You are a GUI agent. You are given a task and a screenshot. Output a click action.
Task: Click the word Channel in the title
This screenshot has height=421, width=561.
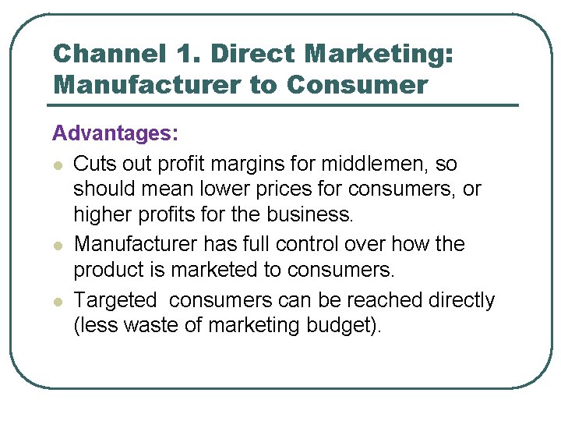pos(109,55)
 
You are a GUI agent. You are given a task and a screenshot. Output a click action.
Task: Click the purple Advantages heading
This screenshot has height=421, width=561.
pos(115,134)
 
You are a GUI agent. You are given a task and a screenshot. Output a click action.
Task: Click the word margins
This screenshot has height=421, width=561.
pos(254,165)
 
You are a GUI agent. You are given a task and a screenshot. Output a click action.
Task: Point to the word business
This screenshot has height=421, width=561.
pos(311,214)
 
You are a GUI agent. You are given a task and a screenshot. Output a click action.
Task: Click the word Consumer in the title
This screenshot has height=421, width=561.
pos(357,85)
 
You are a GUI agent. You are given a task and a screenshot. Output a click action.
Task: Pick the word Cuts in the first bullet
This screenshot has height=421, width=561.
pos(91,165)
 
